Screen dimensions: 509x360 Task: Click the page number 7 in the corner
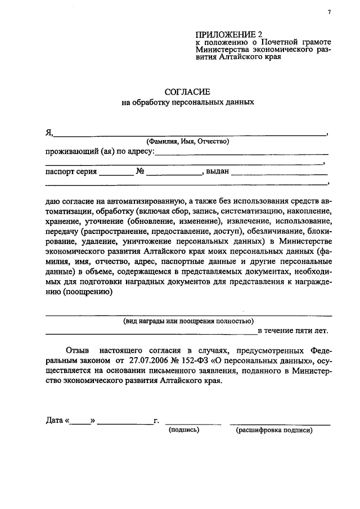click(x=330, y=13)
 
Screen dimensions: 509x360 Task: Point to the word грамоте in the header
click(x=313, y=42)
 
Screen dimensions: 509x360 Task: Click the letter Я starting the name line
click(x=49, y=132)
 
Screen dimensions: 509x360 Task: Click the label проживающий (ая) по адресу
click(x=99, y=152)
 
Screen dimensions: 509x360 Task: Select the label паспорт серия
click(x=71, y=172)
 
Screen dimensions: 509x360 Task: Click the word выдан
click(x=217, y=172)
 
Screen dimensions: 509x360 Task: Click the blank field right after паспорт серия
click(x=116, y=173)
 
